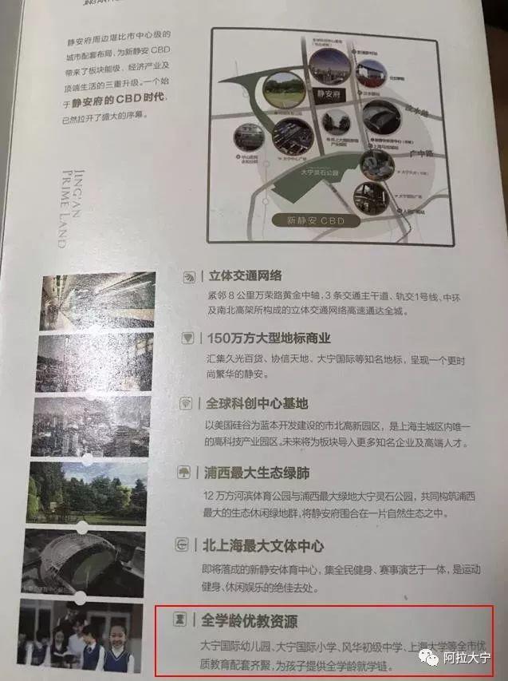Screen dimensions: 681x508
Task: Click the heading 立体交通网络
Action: pyautogui.click(x=245, y=276)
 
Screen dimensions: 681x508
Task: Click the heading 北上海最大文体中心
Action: pyautogui.click(x=264, y=546)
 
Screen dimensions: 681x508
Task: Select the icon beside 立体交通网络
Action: pyautogui.click(x=189, y=277)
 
